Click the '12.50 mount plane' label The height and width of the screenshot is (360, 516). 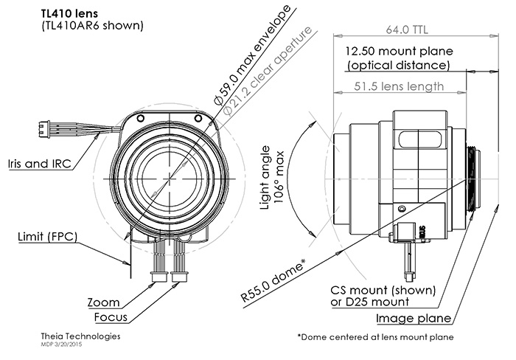tap(398, 51)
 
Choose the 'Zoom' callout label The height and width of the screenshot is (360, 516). tap(103, 302)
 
